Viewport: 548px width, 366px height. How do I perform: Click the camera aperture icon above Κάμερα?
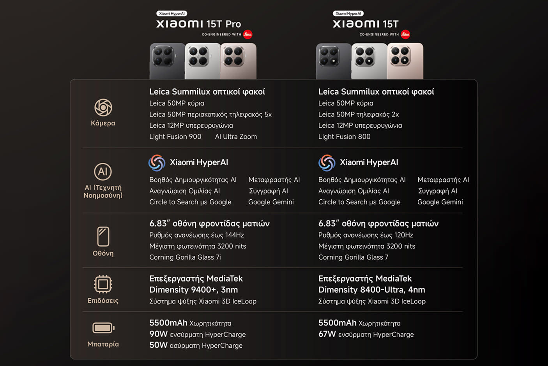(103, 107)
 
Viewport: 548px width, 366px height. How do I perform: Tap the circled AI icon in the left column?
(103, 172)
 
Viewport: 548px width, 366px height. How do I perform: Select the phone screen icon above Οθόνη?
(103, 236)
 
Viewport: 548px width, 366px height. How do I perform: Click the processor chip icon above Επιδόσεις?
(103, 284)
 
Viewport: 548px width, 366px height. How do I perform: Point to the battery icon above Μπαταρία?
(103, 328)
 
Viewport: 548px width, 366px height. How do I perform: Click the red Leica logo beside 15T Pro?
(247, 34)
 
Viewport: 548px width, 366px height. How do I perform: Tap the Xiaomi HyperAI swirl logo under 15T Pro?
(157, 163)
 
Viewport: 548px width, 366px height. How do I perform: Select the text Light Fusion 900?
(175, 137)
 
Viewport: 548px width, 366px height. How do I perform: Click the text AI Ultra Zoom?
(236, 137)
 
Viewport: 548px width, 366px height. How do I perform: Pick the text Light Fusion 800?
(344, 137)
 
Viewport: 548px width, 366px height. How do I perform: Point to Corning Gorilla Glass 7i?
(185, 257)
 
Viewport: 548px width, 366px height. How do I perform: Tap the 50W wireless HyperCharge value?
(158, 345)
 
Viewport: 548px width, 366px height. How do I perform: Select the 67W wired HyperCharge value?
(327, 334)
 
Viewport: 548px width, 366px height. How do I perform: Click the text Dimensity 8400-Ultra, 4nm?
(371, 290)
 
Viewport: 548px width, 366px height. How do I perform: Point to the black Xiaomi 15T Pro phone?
(167, 61)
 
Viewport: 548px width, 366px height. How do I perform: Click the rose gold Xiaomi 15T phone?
(405, 61)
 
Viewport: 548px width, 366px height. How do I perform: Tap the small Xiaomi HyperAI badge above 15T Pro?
(172, 14)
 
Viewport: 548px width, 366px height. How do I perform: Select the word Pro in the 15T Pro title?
(233, 24)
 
